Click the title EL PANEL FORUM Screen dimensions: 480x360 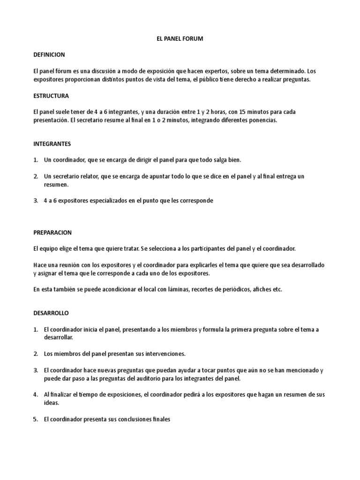point(180,39)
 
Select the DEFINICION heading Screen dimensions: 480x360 point(49,55)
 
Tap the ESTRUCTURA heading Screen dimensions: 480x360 point(51,96)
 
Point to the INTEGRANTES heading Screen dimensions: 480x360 point(52,144)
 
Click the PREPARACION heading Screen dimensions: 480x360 point(52,232)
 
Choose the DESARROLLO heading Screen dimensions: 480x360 point(51,313)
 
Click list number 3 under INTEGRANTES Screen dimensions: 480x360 point(35,201)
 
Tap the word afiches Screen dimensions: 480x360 point(263,289)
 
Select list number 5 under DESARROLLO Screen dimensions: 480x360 point(35,420)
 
